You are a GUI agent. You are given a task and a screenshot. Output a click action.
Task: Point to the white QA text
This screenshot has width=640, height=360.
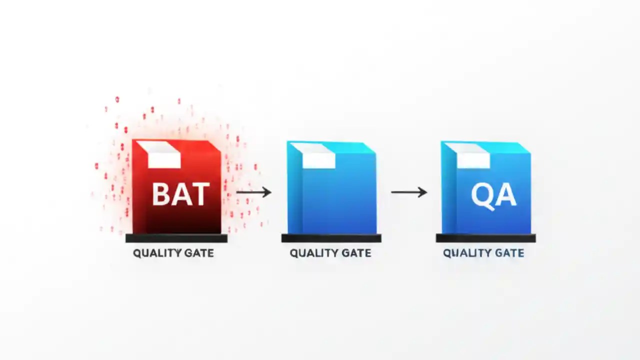pyautogui.click(x=493, y=194)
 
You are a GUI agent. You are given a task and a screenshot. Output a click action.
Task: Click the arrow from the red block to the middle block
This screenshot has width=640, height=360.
pyautogui.click(x=253, y=192)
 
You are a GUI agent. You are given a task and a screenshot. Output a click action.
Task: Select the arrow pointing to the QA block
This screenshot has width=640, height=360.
pyautogui.click(x=408, y=192)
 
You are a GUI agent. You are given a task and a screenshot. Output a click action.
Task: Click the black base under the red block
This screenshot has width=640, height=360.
pyautogui.click(x=176, y=238)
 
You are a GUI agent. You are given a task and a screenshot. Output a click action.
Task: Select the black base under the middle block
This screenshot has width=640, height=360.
pyautogui.click(x=331, y=238)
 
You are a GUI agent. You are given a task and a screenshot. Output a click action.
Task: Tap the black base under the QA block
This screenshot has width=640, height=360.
pyautogui.click(x=485, y=238)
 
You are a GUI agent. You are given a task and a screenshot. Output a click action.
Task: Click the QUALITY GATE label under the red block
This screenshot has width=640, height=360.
pyautogui.click(x=173, y=253)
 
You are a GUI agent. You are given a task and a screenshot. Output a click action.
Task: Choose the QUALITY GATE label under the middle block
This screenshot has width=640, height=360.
pyautogui.click(x=330, y=253)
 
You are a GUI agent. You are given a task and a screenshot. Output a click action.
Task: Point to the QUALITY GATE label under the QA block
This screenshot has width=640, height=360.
pyautogui.click(x=483, y=253)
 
